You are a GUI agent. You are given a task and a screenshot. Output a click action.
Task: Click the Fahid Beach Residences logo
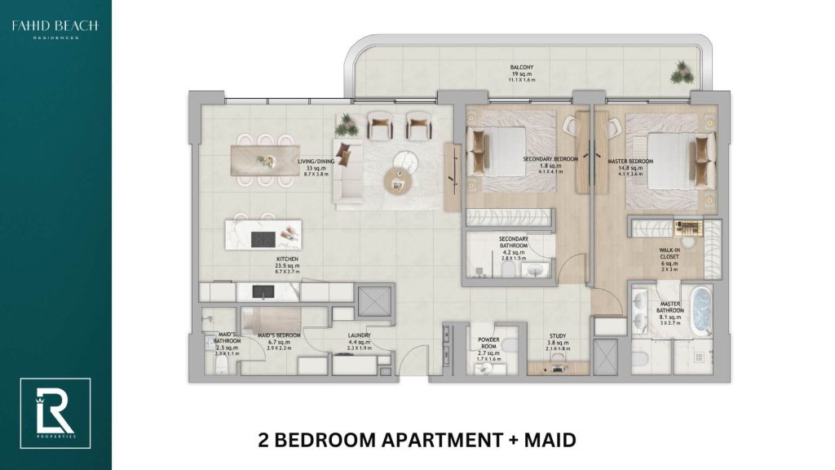[55, 30]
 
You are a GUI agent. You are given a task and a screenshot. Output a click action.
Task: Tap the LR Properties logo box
[55, 413]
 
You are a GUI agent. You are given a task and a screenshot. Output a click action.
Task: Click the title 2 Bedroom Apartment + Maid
[416, 441]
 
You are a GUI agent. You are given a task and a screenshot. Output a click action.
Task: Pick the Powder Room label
[489, 344]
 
